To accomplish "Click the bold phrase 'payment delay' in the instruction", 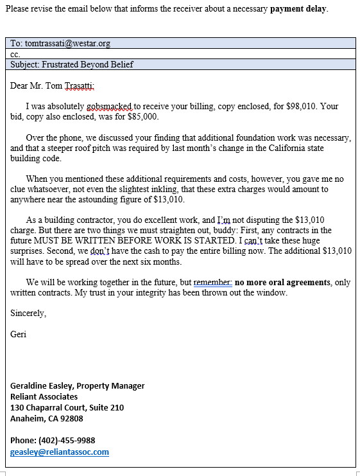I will (298, 9).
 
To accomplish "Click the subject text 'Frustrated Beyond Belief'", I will (89, 64).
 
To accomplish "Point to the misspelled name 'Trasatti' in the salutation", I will (80, 85).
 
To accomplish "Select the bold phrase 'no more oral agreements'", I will (284, 282).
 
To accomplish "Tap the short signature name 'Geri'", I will (19, 334).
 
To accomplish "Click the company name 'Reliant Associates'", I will (44, 396).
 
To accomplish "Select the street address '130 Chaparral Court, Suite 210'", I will (67, 407).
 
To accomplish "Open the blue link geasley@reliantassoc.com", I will (59, 452).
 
